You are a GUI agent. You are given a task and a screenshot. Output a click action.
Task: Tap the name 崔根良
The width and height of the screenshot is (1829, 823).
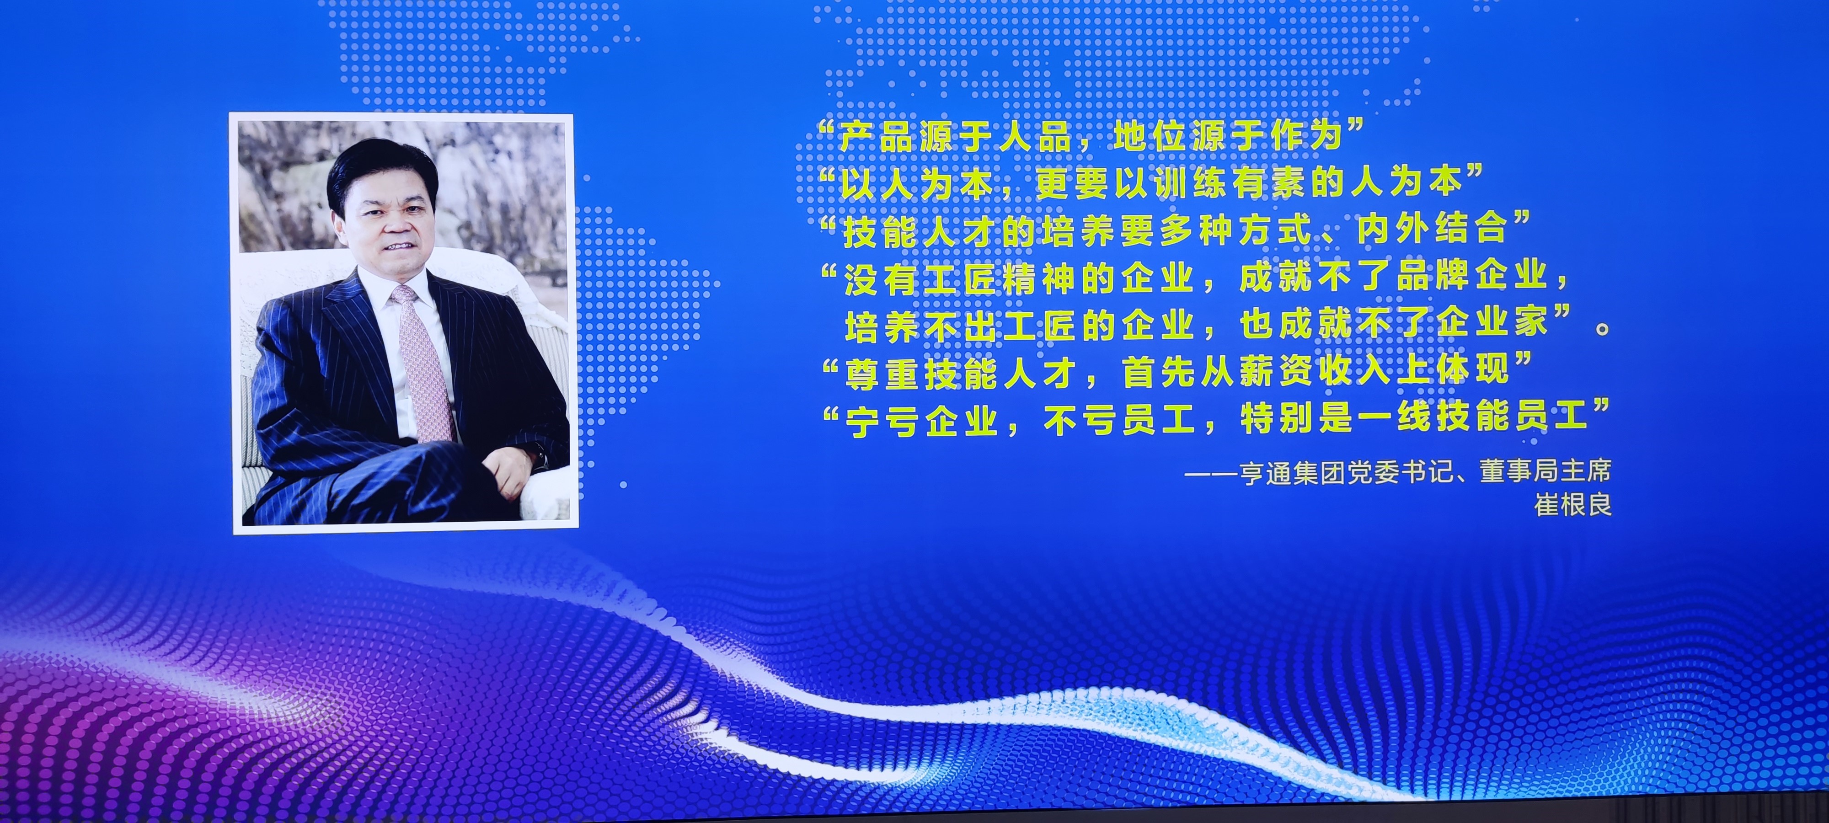pyautogui.click(x=1572, y=505)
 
